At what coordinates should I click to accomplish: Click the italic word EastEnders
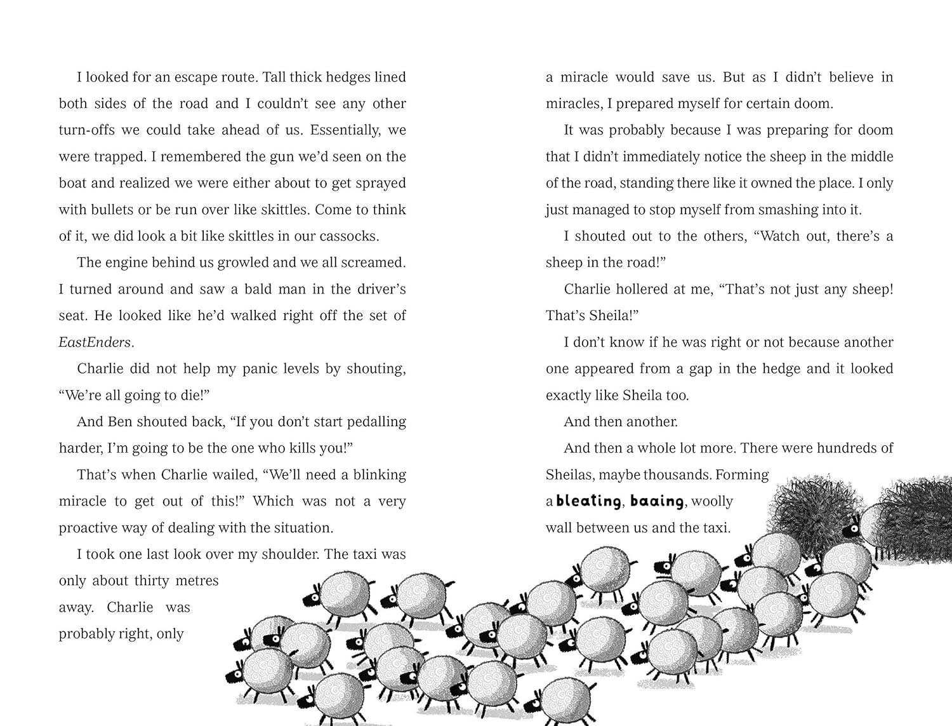click(95, 342)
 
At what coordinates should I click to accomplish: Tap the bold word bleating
click(588, 501)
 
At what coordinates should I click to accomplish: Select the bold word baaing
click(657, 501)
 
